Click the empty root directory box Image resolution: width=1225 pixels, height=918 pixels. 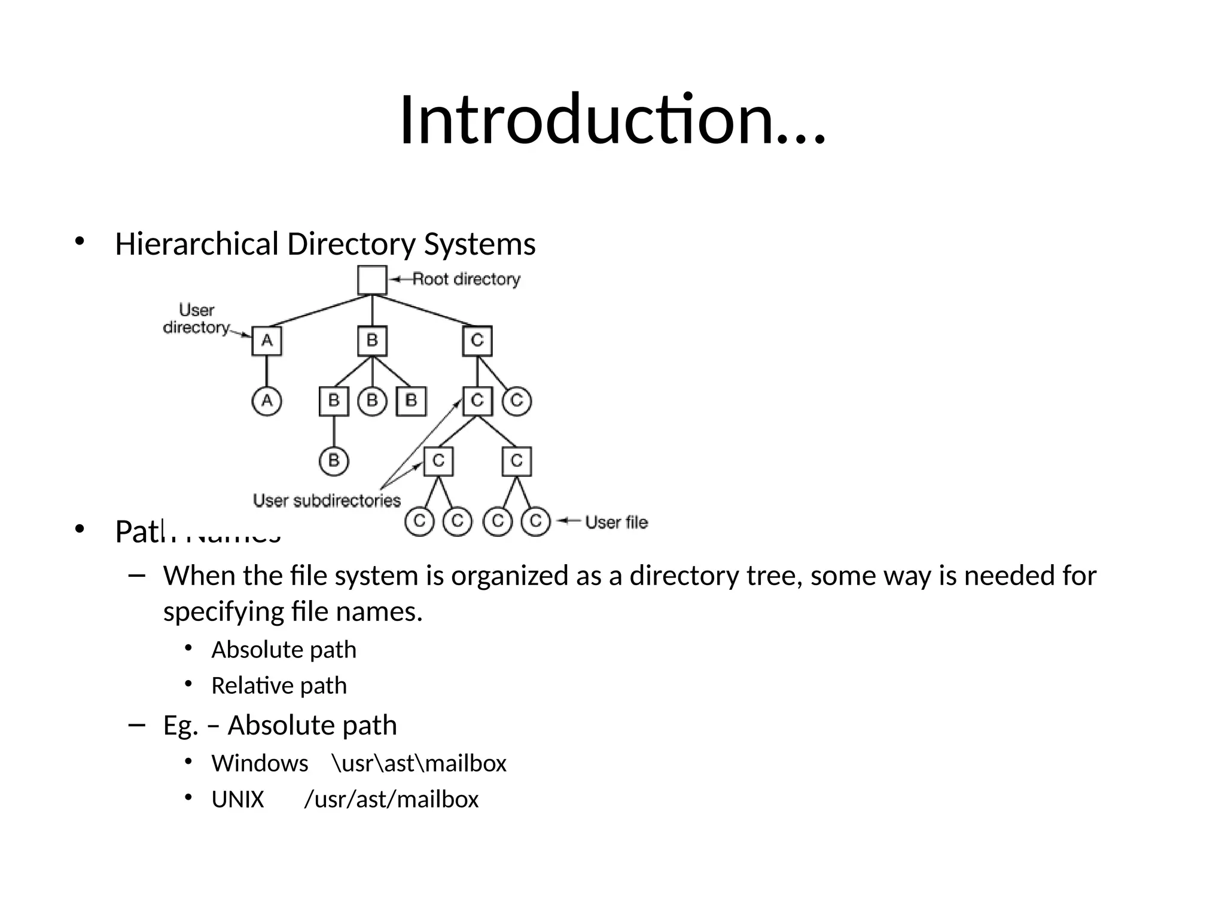click(372, 280)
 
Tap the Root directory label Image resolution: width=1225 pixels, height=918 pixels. click(466, 279)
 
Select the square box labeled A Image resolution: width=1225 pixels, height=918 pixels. click(267, 341)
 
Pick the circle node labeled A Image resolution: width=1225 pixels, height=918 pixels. click(267, 400)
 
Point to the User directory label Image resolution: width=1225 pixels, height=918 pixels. click(196, 319)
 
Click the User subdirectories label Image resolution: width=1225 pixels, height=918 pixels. click(327, 500)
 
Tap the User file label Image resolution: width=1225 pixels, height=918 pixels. click(616, 522)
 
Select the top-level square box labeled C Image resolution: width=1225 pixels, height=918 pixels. click(477, 341)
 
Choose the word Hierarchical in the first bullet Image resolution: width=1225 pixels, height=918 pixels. click(197, 244)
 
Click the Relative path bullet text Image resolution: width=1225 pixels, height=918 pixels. click(279, 686)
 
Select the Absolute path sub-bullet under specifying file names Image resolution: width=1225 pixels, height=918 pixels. click(284, 650)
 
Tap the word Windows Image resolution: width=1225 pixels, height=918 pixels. click(260, 763)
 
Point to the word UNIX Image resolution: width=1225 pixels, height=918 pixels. click(237, 799)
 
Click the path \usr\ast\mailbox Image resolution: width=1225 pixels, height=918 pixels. click(419, 763)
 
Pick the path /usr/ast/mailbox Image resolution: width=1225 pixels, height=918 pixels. click(391, 799)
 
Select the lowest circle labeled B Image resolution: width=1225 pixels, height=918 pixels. click(334, 461)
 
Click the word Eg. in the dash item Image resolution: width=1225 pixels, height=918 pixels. click(180, 726)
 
